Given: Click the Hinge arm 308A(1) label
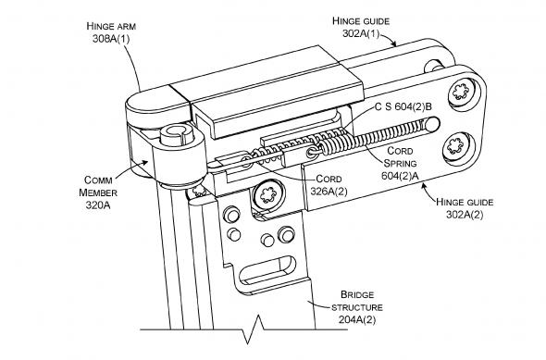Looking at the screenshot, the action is pos(111,32).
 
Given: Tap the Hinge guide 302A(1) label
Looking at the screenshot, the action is pos(361,27).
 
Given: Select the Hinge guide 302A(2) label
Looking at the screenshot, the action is pos(465,208).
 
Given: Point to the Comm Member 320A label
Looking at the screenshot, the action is pos(98,192).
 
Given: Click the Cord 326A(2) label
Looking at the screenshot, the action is pos(329,185).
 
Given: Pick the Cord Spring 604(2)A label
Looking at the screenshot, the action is pos(400,163).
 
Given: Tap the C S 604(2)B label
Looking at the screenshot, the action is pos(403,106).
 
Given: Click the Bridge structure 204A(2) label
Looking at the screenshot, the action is pos(357,307).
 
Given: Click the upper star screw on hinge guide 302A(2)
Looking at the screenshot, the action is pos(460,92).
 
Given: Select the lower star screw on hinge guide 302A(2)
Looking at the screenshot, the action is pos(455,145).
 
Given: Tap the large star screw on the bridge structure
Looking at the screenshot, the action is pos(268,194).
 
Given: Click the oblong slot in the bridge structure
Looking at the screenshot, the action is pos(267,270).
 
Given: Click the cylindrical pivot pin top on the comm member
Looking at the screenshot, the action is pos(176,135).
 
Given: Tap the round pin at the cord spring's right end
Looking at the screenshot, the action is pos(432,125).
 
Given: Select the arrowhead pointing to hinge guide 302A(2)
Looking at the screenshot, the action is pos(424,186).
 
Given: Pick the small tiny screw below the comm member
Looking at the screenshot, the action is pos(198,192).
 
